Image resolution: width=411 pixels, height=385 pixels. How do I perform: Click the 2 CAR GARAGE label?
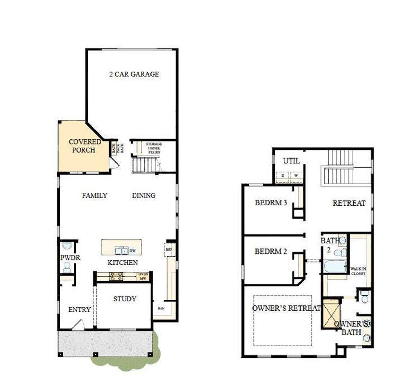(x=134, y=74)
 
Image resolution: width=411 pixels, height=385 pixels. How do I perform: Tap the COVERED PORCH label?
(x=85, y=146)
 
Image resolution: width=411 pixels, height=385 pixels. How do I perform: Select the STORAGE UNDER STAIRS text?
(x=154, y=148)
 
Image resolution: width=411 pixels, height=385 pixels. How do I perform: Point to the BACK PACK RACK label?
(x=118, y=148)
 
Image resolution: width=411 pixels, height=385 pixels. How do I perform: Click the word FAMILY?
(x=94, y=195)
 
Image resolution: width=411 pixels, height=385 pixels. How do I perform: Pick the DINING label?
(x=144, y=195)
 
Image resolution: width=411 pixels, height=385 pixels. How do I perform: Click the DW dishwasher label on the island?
(x=132, y=250)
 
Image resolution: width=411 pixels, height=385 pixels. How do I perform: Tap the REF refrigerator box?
(x=169, y=249)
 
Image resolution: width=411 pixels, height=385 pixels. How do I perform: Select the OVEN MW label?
(x=143, y=276)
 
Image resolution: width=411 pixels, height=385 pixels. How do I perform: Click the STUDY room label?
(x=125, y=299)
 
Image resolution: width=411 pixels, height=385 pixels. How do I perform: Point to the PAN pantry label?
(x=161, y=309)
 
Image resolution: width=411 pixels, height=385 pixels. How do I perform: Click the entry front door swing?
(x=78, y=325)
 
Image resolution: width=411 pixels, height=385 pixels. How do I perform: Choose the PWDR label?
(x=70, y=258)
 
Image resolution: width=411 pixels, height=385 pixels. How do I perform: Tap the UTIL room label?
(x=291, y=161)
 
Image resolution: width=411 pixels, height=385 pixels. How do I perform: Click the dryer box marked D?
(x=283, y=176)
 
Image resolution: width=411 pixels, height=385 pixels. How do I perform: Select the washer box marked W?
(x=296, y=176)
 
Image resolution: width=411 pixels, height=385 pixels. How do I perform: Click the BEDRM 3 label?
(x=271, y=203)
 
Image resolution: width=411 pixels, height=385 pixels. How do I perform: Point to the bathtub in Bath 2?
(x=335, y=267)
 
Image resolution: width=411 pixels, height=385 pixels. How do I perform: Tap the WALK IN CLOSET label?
(x=358, y=271)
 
